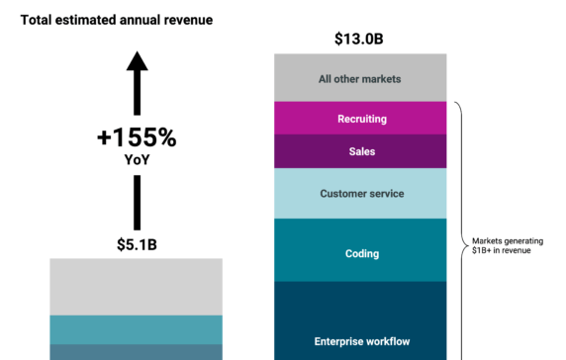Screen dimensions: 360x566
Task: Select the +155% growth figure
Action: click(x=137, y=138)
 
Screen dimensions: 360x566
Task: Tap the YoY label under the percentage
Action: click(x=137, y=159)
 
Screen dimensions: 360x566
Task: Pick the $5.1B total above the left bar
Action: click(x=137, y=244)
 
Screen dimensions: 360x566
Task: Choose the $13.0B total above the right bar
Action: click(x=360, y=40)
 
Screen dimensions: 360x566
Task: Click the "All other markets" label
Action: click(x=360, y=78)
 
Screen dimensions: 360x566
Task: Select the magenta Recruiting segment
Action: click(x=360, y=118)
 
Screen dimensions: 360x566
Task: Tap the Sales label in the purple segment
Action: click(x=361, y=151)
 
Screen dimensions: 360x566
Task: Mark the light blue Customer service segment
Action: click(x=361, y=194)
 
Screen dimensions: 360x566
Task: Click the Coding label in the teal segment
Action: click(x=361, y=254)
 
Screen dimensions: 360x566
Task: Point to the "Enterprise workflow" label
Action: click(x=361, y=342)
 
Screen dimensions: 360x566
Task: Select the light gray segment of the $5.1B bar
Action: click(x=137, y=287)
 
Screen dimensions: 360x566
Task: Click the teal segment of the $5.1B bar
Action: click(x=137, y=329)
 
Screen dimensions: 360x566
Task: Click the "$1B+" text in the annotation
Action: click(x=484, y=250)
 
